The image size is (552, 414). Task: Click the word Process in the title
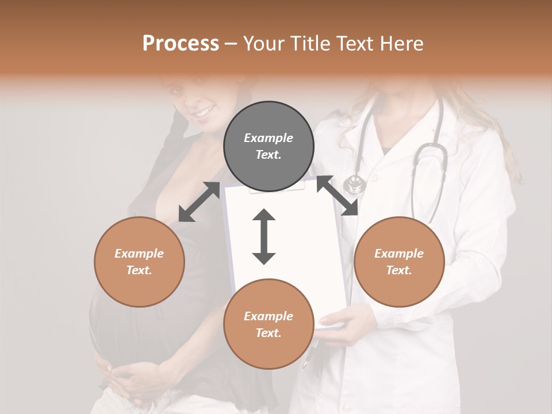click(x=181, y=44)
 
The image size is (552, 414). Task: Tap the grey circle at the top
click(x=269, y=147)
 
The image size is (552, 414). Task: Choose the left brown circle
click(x=139, y=262)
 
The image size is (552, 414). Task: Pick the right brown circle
click(x=399, y=262)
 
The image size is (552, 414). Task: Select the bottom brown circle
click(x=269, y=324)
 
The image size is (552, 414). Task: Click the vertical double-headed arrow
click(x=264, y=237)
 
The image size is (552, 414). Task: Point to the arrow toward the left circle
click(x=199, y=202)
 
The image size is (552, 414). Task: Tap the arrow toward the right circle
click(x=338, y=195)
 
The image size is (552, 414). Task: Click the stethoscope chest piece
click(x=354, y=185)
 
